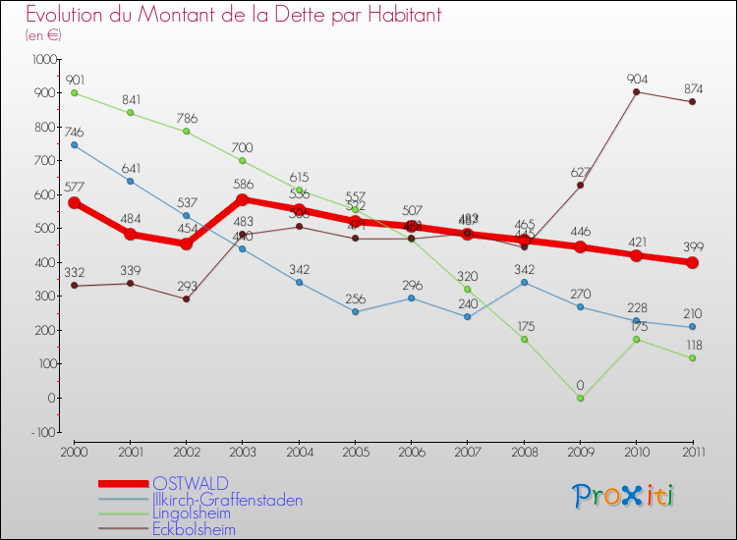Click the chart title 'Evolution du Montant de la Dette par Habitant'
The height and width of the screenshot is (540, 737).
click(233, 16)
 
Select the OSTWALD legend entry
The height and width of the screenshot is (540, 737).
click(191, 483)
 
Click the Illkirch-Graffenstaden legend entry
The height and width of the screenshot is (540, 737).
click(228, 500)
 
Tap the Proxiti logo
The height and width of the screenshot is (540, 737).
click(623, 496)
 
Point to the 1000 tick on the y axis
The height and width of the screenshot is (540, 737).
click(45, 59)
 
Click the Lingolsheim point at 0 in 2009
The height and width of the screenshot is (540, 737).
click(580, 398)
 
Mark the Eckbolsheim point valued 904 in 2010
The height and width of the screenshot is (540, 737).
click(637, 92)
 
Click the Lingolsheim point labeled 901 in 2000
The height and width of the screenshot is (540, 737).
click(75, 93)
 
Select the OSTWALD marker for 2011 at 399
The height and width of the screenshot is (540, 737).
click(693, 262)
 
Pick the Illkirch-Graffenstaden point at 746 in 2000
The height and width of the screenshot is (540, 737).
click(75, 145)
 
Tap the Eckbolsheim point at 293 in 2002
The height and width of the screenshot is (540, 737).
click(187, 298)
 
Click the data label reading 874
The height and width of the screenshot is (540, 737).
click(693, 89)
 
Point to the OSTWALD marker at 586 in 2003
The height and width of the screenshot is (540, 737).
click(243, 199)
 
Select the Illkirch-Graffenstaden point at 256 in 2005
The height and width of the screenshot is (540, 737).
click(356, 311)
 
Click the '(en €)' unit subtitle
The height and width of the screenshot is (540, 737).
click(43, 35)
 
